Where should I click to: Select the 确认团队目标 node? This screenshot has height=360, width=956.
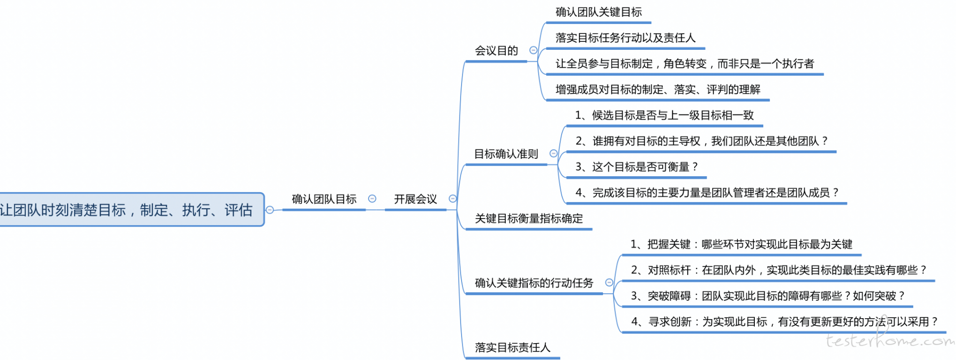pos(324,199)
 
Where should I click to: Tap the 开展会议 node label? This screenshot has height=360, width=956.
pos(415,199)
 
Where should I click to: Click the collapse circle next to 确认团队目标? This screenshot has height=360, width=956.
pos(372,199)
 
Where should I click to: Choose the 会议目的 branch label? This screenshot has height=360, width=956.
pos(496,50)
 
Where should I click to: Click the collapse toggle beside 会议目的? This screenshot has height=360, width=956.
pos(533,50)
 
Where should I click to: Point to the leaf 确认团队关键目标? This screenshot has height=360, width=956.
pos(598,12)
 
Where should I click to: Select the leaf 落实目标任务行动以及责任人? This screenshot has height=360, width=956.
pos(625,38)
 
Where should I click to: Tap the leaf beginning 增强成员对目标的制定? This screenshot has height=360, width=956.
pos(658,90)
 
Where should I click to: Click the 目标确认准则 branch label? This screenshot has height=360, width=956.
pos(506,154)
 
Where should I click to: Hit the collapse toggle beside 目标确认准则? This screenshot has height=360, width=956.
pos(553,153)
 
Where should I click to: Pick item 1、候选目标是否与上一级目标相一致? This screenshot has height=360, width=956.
pos(665,116)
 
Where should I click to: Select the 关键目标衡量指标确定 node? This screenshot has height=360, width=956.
pos(529,219)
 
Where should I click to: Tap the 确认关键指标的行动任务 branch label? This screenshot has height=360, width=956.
pos(534,283)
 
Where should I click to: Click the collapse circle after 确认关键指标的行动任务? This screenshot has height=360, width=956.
pos(609,282)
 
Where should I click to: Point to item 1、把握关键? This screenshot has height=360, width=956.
pos(741,244)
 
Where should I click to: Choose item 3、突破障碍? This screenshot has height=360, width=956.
pos(768,296)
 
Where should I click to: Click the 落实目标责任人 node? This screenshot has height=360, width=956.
pos(512,348)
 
